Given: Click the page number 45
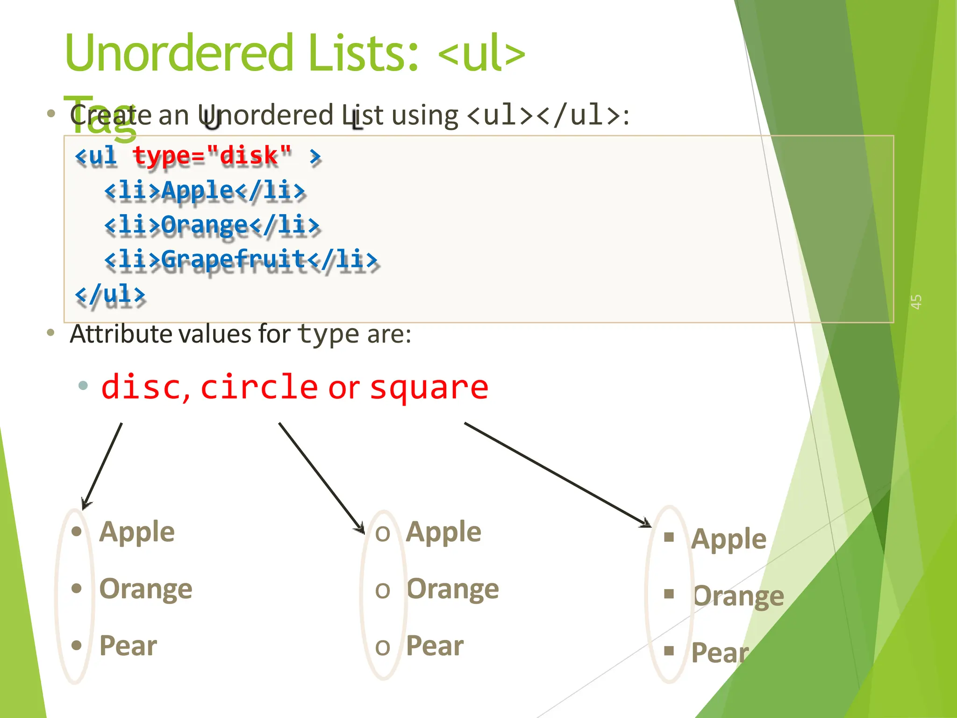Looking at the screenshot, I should [916, 302].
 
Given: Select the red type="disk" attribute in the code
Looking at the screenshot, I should [212, 156].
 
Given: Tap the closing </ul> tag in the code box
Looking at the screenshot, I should [110, 294].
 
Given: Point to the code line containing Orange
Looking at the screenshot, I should [212, 225].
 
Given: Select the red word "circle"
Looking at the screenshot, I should [259, 387].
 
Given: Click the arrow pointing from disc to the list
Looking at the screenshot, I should [102, 466].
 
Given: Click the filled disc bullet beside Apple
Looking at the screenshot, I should [77, 531].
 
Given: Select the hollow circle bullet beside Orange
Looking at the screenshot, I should [382, 590].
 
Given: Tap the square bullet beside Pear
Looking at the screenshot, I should [669, 650].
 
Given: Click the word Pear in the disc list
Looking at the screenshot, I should [128, 646].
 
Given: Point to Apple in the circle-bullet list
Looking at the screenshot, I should [443, 532].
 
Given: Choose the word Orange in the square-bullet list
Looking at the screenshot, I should [738, 596].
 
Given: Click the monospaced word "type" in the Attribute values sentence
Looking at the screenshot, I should [328, 334].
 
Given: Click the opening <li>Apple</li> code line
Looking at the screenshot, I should [205, 191].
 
